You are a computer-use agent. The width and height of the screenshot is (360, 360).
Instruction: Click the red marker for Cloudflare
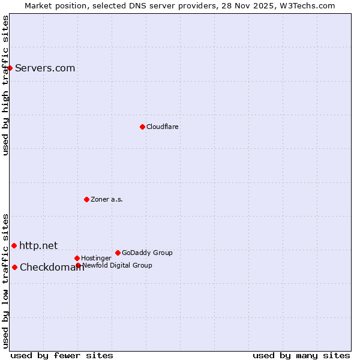(142, 127)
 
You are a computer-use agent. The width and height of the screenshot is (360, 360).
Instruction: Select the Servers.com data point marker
(10, 68)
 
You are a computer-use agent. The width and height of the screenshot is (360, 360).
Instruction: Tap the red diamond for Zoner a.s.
(86, 199)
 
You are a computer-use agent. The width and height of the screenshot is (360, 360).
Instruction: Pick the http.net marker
(14, 245)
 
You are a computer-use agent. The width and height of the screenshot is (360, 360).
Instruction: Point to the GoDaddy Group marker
(118, 253)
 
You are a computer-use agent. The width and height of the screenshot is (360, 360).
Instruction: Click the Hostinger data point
(77, 258)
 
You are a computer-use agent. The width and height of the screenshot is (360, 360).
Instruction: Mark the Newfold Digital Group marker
(78, 265)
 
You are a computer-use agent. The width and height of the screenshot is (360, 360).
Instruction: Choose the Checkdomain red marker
(14, 267)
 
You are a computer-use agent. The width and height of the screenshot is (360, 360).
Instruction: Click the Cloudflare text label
(163, 127)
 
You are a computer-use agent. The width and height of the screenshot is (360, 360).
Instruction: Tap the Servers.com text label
(45, 68)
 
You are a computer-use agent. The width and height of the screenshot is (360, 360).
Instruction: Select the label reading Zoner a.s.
(107, 199)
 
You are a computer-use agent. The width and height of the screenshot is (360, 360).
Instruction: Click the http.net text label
(38, 245)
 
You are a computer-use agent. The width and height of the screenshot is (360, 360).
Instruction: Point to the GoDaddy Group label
(147, 253)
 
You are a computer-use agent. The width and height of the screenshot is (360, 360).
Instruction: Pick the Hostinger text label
(96, 258)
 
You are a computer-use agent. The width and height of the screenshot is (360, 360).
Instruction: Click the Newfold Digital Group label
(117, 265)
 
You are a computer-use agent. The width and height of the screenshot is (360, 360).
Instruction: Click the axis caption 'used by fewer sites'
(62, 355)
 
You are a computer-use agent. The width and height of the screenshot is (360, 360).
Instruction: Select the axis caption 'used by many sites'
(301, 355)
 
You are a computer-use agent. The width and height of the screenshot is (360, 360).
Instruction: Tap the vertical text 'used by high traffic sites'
(5, 85)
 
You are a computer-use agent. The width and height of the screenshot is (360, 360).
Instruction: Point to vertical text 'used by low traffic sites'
(5, 280)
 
